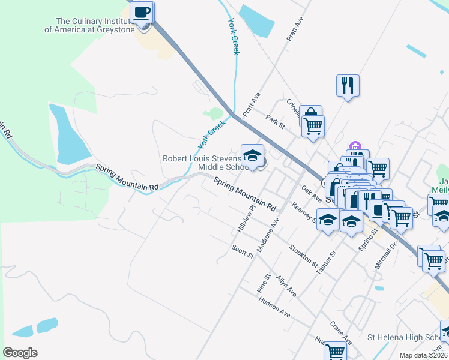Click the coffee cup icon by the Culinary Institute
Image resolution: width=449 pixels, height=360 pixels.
pyautogui.click(x=142, y=13)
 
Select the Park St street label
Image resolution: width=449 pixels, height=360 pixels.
pyautogui.click(x=276, y=121)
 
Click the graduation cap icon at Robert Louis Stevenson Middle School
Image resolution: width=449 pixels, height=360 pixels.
pyautogui.click(x=253, y=155)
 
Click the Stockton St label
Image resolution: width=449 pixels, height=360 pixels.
pyautogui.click(x=303, y=256)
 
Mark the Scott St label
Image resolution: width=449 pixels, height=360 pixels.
pyautogui.click(x=244, y=251)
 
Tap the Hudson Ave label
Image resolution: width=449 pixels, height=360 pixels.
pyautogui.click(x=274, y=307)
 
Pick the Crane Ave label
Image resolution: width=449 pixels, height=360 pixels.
pyautogui.click(x=340, y=332)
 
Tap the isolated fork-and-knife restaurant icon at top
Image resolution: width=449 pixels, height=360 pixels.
pyautogui.click(x=348, y=85)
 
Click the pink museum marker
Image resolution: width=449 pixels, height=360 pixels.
pyautogui.click(x=354, y=146)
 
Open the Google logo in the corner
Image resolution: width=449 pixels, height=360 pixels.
pyautogui.click(x=20, y=352)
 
